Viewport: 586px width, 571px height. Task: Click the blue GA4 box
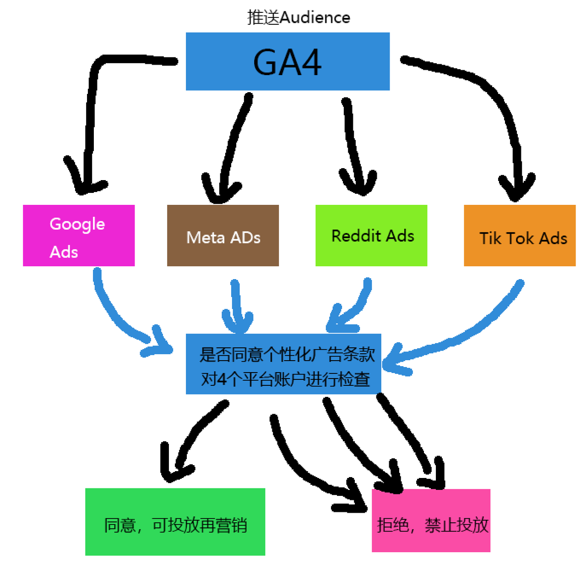click(288, 61)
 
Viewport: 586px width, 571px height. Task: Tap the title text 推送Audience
click(298, 17)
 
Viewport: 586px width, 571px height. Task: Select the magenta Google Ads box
click(79, 236)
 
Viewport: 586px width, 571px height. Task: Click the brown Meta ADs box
click(223, 236)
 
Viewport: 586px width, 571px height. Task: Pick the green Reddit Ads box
click(371, 236)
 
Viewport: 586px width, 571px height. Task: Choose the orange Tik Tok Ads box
click(520, 236)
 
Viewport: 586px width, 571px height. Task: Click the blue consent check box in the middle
click(283, 364)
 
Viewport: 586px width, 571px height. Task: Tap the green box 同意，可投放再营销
click(175, 522)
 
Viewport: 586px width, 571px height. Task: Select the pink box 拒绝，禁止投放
click(431, 521)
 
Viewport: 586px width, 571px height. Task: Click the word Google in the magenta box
click(77, 224)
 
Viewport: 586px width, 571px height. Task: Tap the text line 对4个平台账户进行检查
click(285, 379)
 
